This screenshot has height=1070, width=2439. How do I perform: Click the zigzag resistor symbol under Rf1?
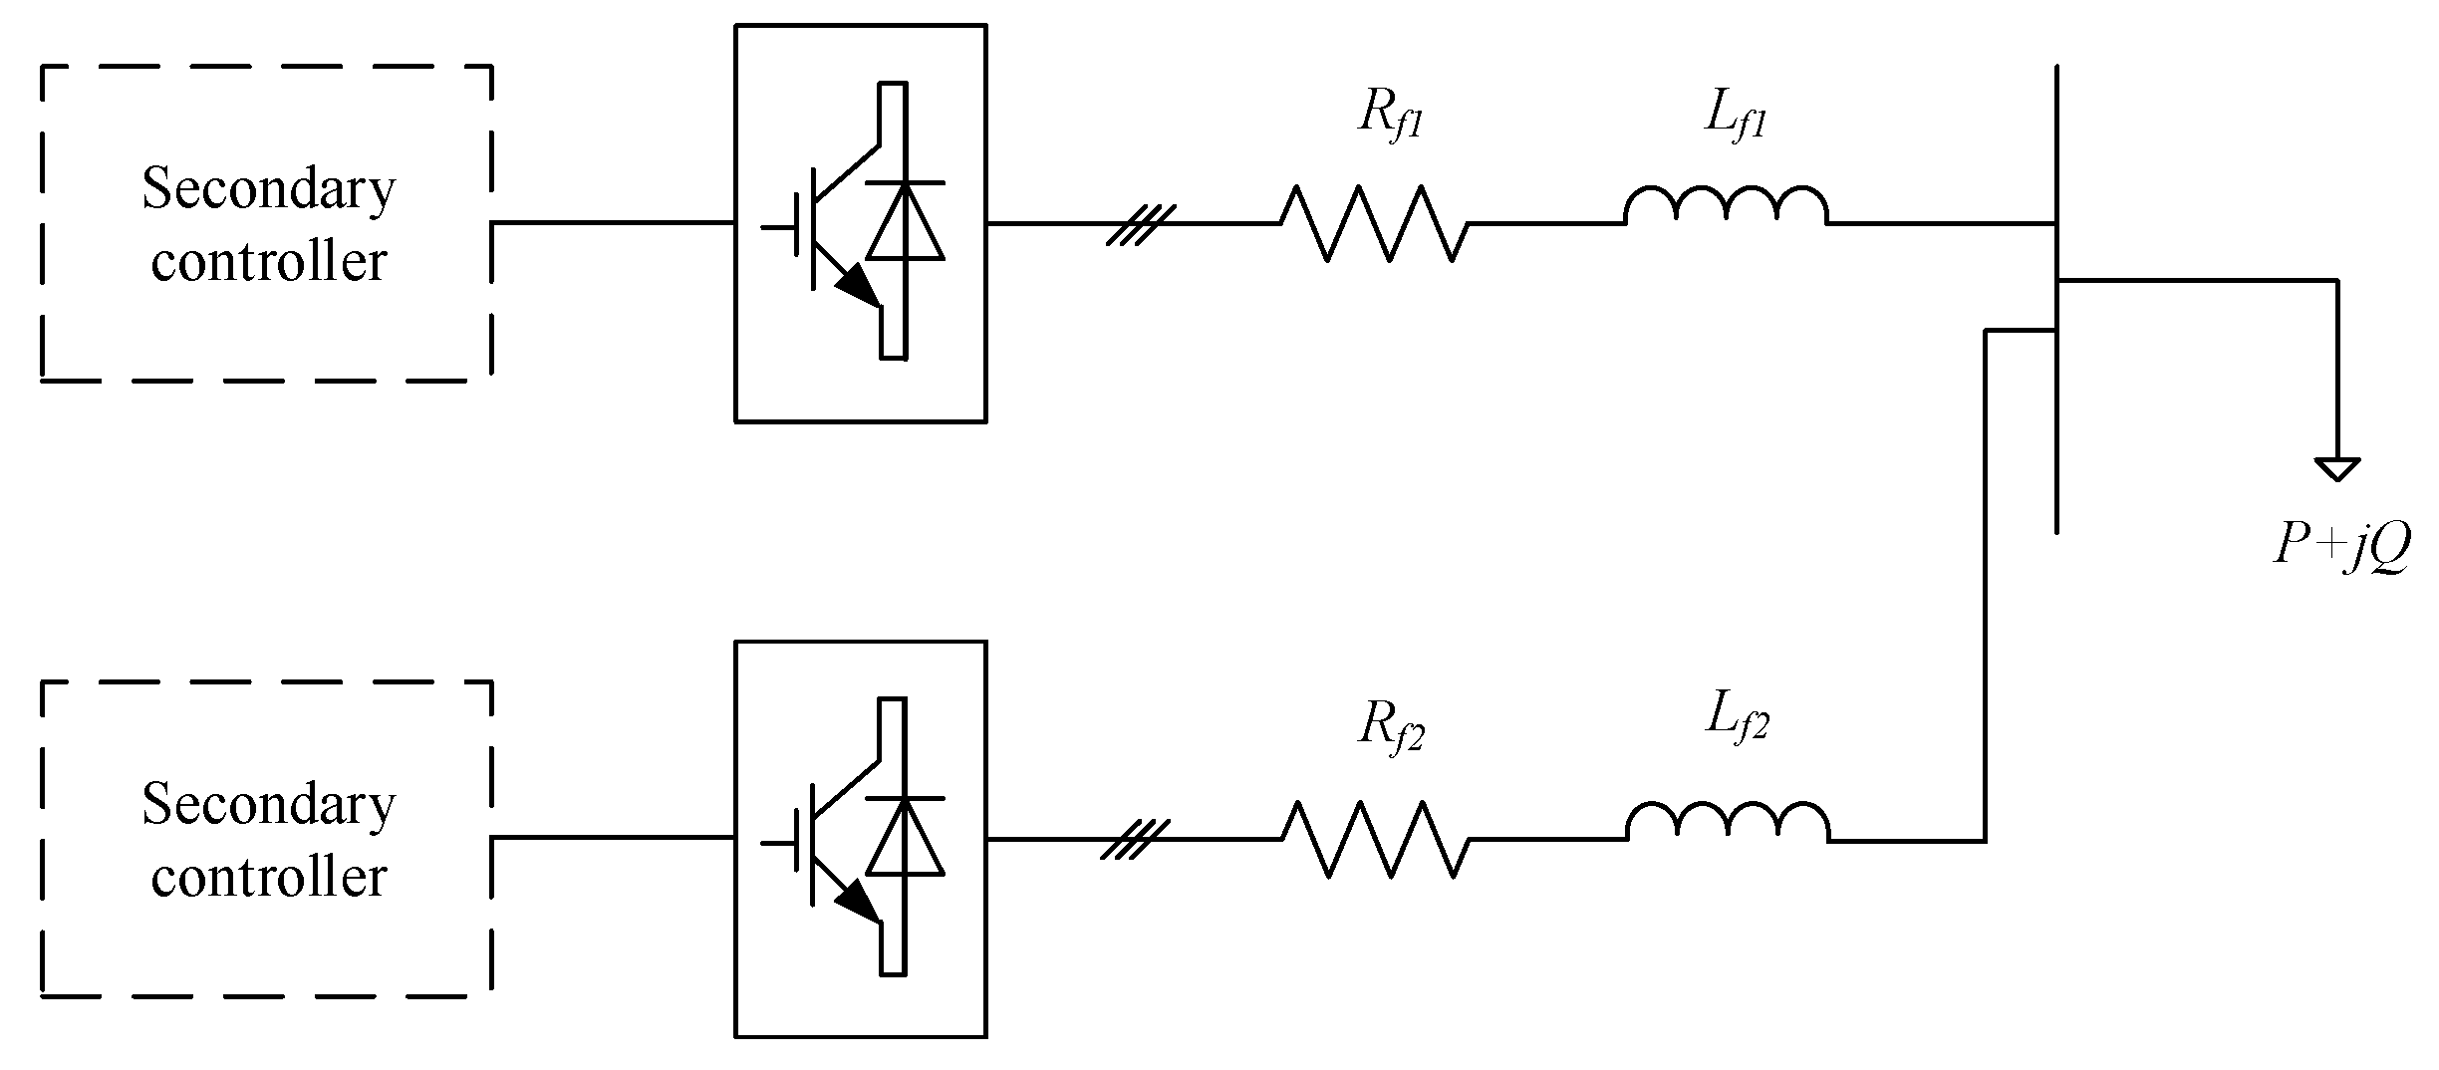(x=1374, y=224)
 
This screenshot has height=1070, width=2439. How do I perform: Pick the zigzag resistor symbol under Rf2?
(x=1375, y=840)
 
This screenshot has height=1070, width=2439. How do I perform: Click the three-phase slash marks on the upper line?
(x=1142, y=224)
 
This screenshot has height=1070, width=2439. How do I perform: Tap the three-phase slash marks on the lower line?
(x=1134, y=840)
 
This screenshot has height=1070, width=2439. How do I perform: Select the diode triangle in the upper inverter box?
(x=905, y=224)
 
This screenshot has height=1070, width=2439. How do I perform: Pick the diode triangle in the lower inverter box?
(x=905, y=839)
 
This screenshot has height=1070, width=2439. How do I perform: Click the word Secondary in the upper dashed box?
(x=269, y=188)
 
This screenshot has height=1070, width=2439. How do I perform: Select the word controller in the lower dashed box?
(x=269, y=878)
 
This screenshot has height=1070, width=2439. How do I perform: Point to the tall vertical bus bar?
(x=2056, y=299)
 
